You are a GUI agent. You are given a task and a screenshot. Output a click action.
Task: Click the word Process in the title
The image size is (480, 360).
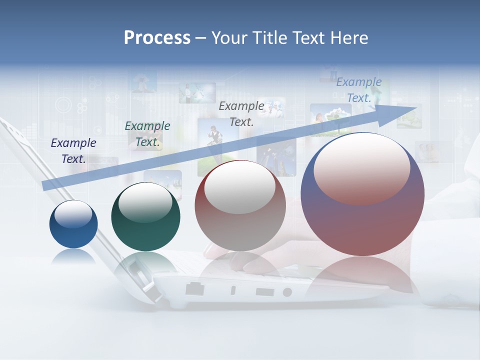[157, 38]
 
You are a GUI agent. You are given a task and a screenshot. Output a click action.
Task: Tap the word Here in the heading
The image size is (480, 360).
[347, 38]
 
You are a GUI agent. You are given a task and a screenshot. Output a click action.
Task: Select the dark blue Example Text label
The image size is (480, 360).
[73, 150]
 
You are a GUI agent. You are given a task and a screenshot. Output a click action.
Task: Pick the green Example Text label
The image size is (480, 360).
[147, 134]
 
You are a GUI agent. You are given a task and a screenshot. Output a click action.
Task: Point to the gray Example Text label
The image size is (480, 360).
[241, 113]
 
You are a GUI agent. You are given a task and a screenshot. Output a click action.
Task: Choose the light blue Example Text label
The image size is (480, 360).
[359, 90]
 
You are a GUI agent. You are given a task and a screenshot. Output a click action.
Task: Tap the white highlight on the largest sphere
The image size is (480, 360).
[362, 167]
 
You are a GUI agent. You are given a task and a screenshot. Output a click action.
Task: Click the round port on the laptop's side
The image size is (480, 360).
[287, 291]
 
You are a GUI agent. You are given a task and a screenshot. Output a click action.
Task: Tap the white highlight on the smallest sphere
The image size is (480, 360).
[73, 214]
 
